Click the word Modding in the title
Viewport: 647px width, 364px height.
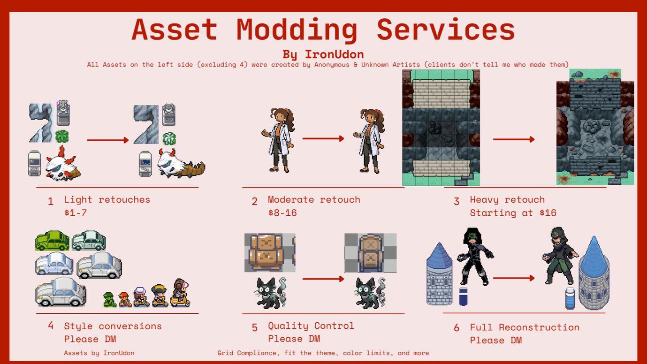click(x=297, y=30)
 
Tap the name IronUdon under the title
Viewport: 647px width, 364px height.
click(x=334, y=54)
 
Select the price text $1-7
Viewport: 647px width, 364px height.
click(x=76, y=213)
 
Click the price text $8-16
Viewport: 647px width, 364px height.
click(x=282, y=213)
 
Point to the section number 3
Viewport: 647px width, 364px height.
click(x=457, y=202)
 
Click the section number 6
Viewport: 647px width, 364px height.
click(x=457, y=328)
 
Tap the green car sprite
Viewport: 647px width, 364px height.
click(x=52, y=241)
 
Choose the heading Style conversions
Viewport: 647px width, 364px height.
click(x=113, y=326)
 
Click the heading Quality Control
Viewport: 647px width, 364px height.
click(x=311, y=326)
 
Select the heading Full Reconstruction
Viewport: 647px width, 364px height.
click(x=525, y=327)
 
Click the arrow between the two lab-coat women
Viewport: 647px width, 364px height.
click(x=323, y=138)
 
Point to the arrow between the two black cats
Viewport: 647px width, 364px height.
click(x=323, y=279)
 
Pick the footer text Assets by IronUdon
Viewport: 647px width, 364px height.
click(x=99, y=353)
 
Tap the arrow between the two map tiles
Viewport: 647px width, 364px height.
click(x=514, y=139)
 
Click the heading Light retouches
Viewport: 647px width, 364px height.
click(x=107, y=200)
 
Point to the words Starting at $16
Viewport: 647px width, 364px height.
click(x=513, y=213)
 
